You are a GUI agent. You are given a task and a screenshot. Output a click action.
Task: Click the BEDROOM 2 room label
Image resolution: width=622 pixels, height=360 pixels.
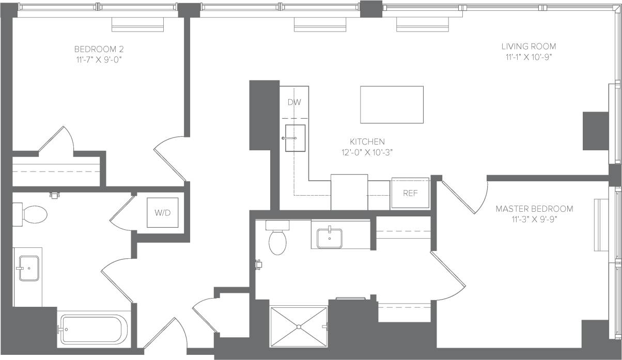click(x=99, y=50)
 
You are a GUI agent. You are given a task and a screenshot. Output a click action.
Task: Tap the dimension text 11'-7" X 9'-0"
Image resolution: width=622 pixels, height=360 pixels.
click(x=99, y=60)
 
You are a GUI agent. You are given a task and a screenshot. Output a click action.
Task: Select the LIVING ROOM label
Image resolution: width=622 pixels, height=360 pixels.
click(x=531, y=46)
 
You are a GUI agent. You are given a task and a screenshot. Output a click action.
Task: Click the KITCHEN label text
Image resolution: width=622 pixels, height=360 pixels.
click(x=367, y=142)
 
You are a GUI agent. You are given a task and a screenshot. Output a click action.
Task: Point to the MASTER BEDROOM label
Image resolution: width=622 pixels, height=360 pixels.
click(x=534, y=209)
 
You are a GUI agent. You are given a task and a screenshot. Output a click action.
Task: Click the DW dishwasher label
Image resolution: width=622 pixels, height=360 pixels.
click(x=294, y=102)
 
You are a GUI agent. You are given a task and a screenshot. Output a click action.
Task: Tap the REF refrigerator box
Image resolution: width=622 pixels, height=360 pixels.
click(x=410, y=193)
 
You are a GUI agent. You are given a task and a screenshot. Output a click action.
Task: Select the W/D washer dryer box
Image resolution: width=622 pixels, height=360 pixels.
click(x=162, y=212)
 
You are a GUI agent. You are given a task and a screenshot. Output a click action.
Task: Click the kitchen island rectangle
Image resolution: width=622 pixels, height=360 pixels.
click(x=392, y=105)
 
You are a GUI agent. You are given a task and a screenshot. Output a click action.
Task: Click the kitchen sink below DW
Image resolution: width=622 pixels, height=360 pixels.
click(x=295, y=138)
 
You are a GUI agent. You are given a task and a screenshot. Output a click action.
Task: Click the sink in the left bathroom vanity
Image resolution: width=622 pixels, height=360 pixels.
click(x=29, y=268)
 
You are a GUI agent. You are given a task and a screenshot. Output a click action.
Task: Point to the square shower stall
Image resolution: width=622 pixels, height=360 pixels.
click(x=299, y=326)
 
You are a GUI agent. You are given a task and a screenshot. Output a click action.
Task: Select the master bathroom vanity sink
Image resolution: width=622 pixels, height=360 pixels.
click(x=330, y=239)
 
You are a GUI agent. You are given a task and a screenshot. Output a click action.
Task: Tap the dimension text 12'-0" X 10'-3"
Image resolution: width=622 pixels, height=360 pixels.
click(x=367, y=152)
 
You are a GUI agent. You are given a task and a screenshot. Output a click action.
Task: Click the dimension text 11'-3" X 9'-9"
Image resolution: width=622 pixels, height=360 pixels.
click(x=534, y=219)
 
